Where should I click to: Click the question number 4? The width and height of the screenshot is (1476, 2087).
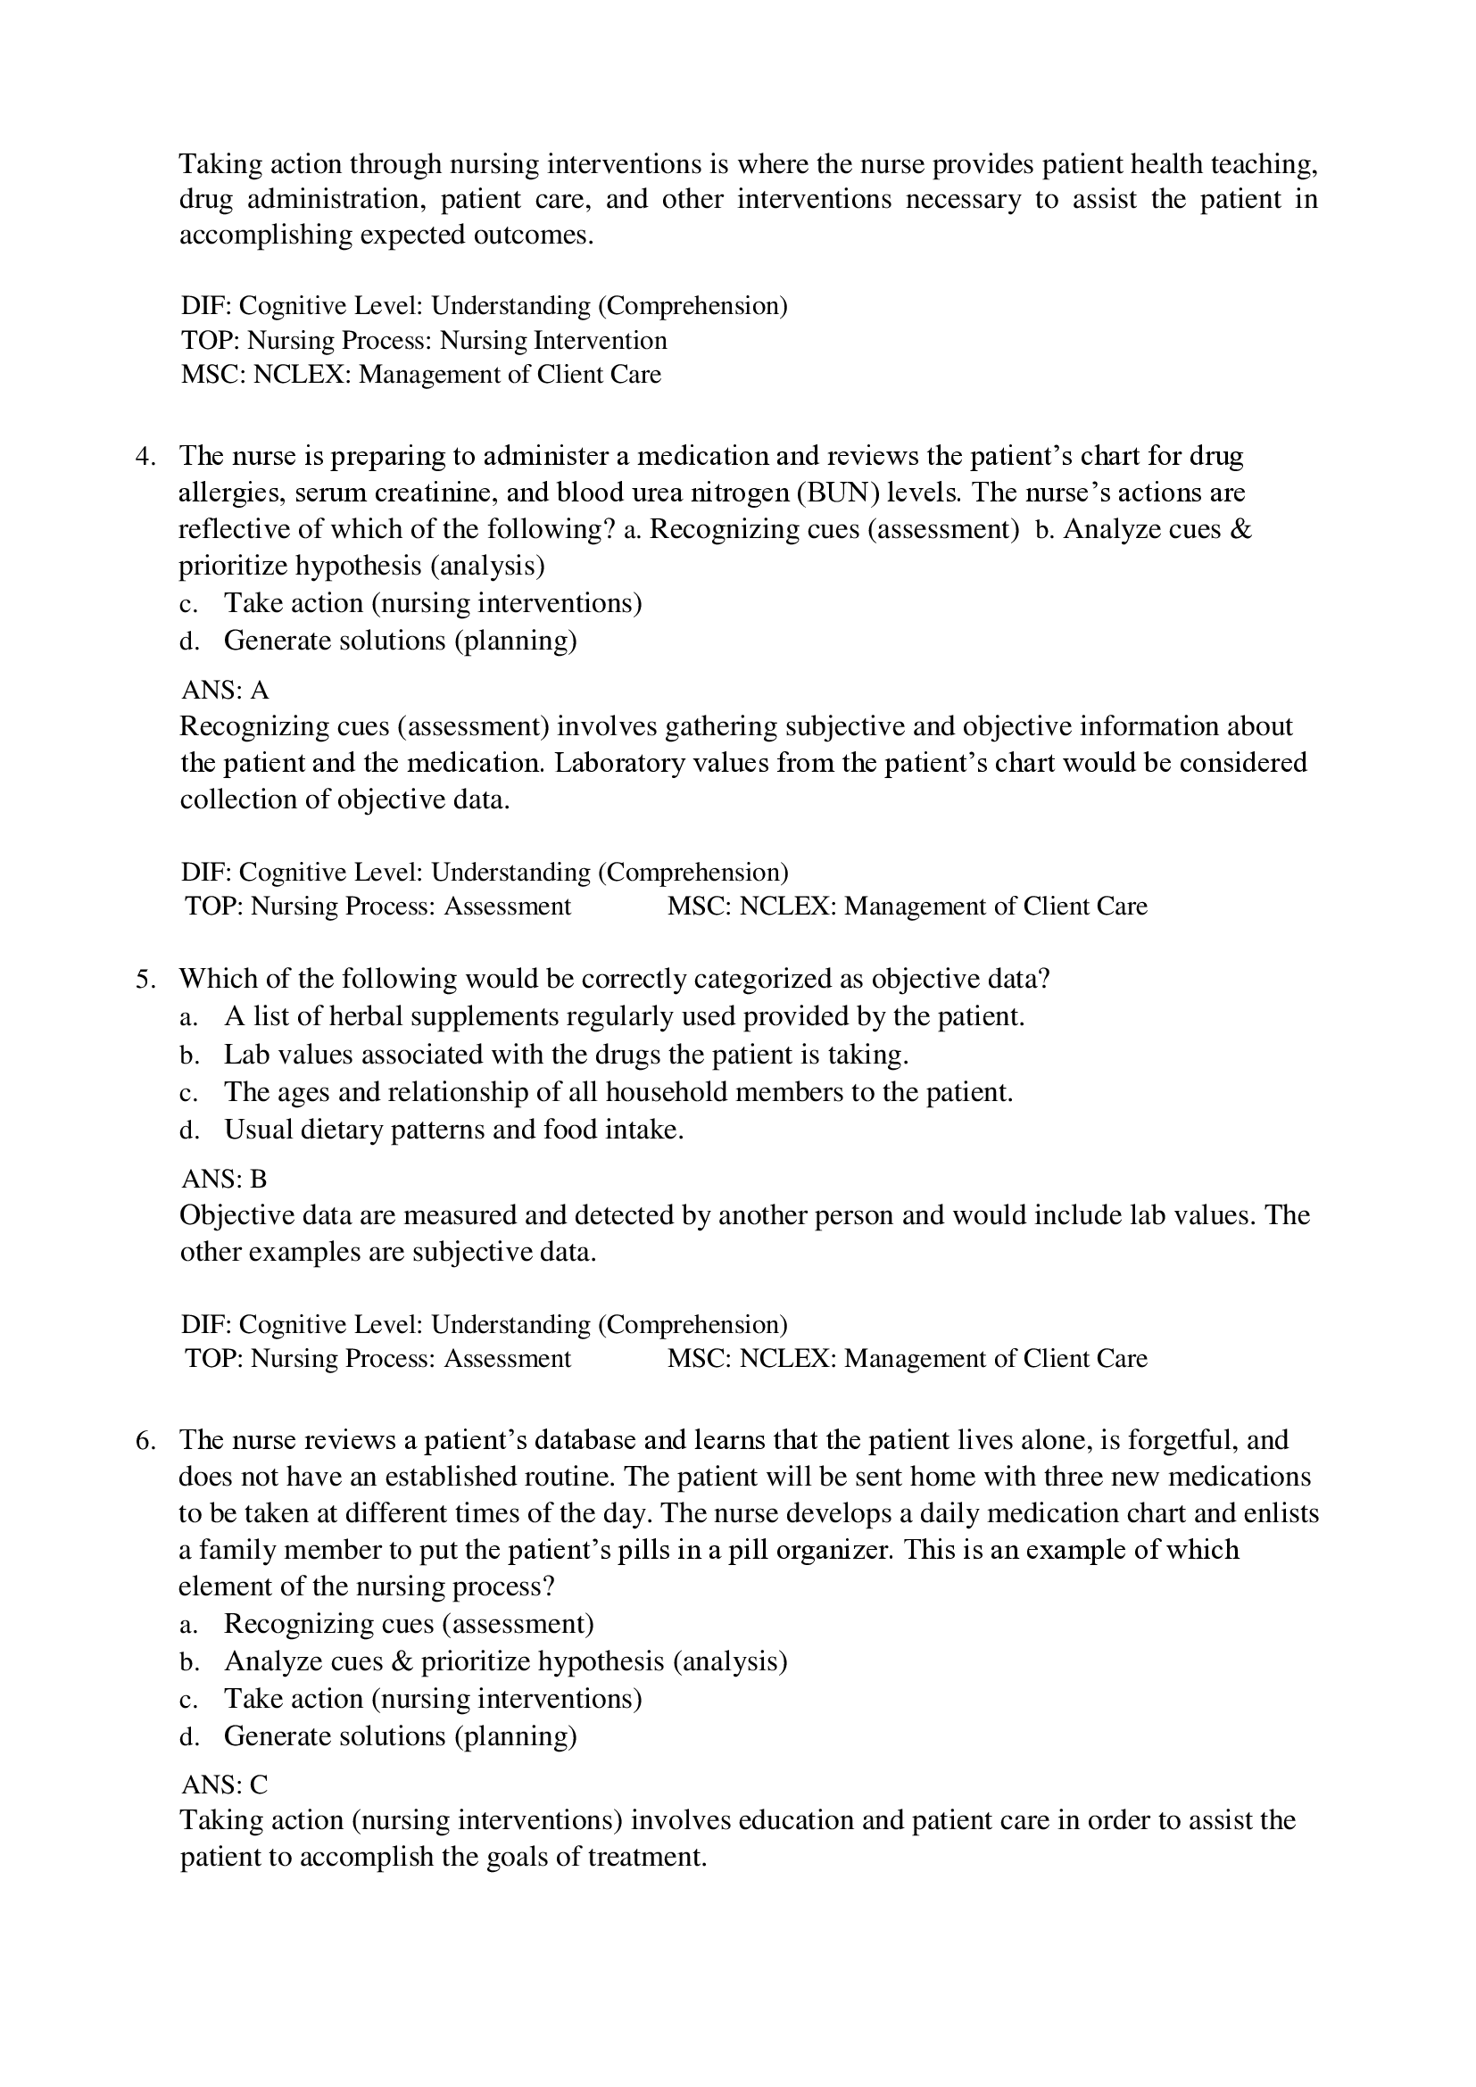[x=145, y=456]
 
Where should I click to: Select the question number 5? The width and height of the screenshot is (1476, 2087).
[x=145, y=980]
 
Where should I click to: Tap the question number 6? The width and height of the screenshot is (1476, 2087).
[x=145, y=1441]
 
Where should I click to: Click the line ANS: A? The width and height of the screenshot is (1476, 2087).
[x=226, y=690]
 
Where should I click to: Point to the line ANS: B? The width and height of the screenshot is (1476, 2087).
[x=225, y=1179]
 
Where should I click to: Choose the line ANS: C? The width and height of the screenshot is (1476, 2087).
[x=225, y=1785]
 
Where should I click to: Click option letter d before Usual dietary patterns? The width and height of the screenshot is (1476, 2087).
[x=188, y=1130]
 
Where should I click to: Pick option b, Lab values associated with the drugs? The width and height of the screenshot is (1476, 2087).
[x=565, y=1055]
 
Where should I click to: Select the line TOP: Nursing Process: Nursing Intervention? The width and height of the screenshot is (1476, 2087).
[x=424, y=340]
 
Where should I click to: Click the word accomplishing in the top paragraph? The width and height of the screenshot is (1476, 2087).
[x=265, y=236]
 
